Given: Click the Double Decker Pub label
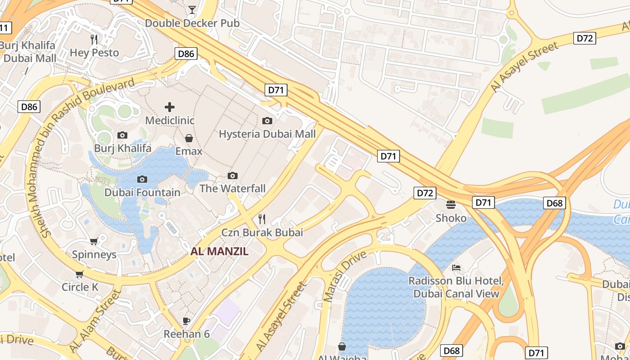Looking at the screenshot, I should pos(192,23).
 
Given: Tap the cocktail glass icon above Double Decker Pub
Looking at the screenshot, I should pos(192,9).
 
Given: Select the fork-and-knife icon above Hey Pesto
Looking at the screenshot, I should pos(94,40).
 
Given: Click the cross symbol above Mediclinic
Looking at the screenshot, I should pos(170,107).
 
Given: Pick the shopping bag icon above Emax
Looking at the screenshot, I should pos(189,138).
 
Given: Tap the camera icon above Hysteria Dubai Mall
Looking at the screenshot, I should pos(267,121).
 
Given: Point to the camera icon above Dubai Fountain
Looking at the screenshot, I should pos(142,179).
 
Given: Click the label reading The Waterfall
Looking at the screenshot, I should pos(233,188).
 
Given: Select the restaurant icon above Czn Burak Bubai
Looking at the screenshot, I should pos(262,219).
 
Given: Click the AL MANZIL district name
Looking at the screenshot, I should pos(219,252).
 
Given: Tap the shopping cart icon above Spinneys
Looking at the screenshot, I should pos(94,242).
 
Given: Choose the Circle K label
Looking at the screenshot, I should pos(80,287).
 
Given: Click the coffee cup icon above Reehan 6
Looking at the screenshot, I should pos(186,321).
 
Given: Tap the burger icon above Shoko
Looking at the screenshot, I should pos(451,205).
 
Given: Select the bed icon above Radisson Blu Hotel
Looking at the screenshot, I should pos(456,268).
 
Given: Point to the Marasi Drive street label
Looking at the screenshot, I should pos(345,276).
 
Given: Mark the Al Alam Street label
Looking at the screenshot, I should pos(95,321).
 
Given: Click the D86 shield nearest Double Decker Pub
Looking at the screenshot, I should pos(186,54).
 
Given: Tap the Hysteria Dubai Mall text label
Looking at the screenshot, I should pos(267,134).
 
